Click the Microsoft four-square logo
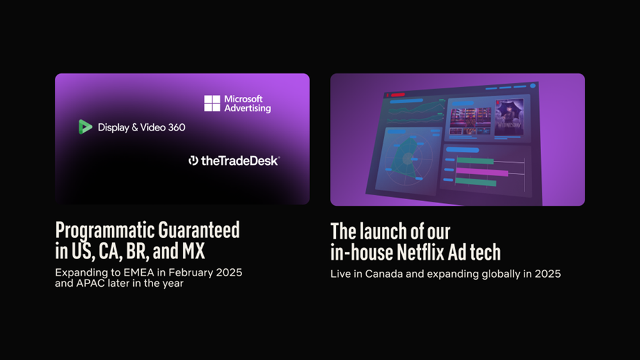click(212, 104)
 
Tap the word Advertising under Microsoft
click(247, 108)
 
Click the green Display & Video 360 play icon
click(85, 127)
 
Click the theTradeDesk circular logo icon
click(193, 160)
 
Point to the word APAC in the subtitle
click(91, 284)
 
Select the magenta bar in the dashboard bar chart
click(482, 173)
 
